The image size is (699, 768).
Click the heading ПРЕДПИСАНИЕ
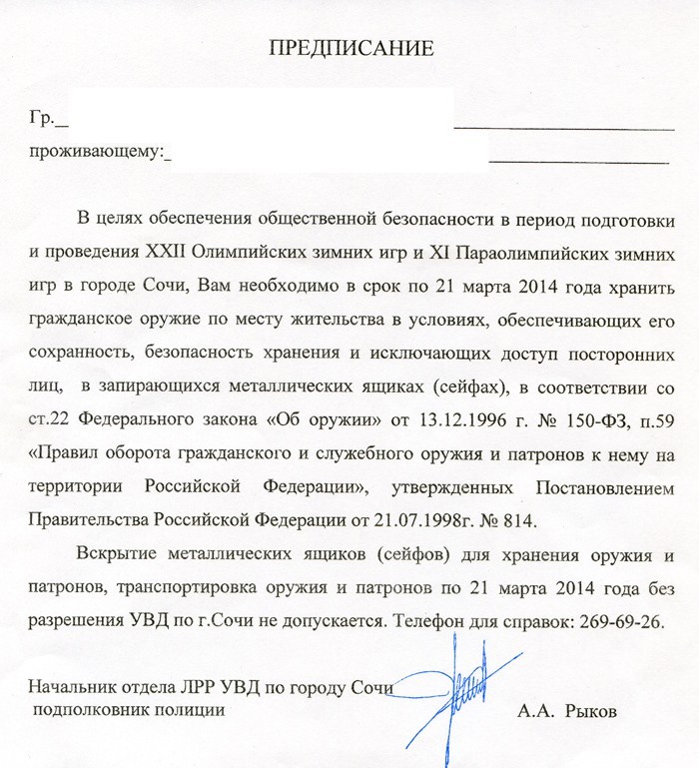coord(352,47)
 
